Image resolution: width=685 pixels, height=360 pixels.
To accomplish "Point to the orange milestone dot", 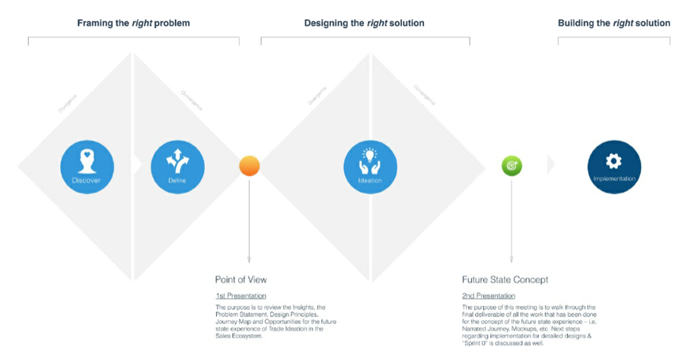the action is [250, 166].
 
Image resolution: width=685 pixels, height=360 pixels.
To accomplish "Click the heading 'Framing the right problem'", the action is [133, 24].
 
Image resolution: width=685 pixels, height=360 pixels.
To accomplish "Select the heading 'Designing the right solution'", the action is [364, 24].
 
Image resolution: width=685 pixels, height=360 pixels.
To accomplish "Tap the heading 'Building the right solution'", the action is [613, 24].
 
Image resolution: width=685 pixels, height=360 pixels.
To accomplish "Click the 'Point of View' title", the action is [241, 280].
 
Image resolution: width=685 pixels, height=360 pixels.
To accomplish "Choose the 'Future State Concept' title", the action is [505, 280].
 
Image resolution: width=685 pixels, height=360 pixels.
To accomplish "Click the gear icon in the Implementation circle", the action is [614, 161].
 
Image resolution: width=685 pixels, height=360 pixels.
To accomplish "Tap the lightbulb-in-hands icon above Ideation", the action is [370, 160].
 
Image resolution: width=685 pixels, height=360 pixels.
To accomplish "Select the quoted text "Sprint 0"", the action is [477, 342].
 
